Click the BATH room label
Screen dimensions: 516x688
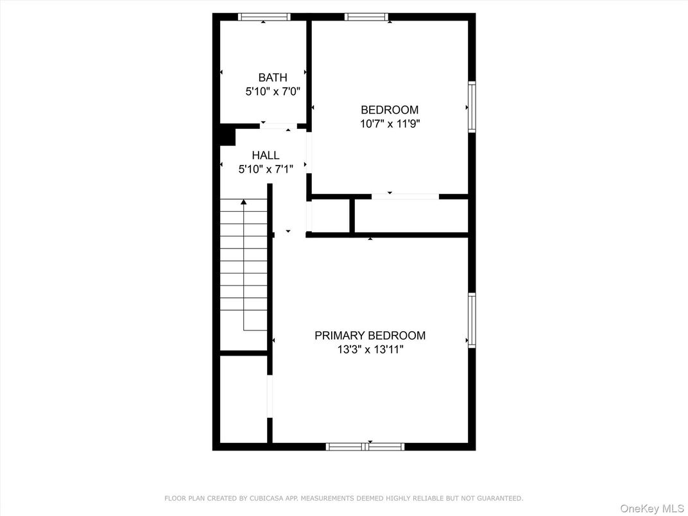273,78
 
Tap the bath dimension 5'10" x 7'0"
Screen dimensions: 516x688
273,92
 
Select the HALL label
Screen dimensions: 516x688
265,155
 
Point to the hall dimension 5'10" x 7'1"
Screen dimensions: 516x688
265,169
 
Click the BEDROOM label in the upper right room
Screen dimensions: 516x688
389,110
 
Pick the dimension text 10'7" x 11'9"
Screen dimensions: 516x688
389,124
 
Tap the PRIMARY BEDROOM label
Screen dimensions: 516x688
370,336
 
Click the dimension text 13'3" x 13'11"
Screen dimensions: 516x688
370,350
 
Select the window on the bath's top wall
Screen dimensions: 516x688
264,17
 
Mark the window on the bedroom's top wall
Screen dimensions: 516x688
366,17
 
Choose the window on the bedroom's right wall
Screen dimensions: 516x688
472,107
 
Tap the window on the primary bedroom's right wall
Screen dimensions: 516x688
472,320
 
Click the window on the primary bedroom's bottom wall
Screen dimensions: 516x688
365,446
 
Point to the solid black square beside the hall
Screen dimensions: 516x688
227,136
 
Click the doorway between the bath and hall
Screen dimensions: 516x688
278,126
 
